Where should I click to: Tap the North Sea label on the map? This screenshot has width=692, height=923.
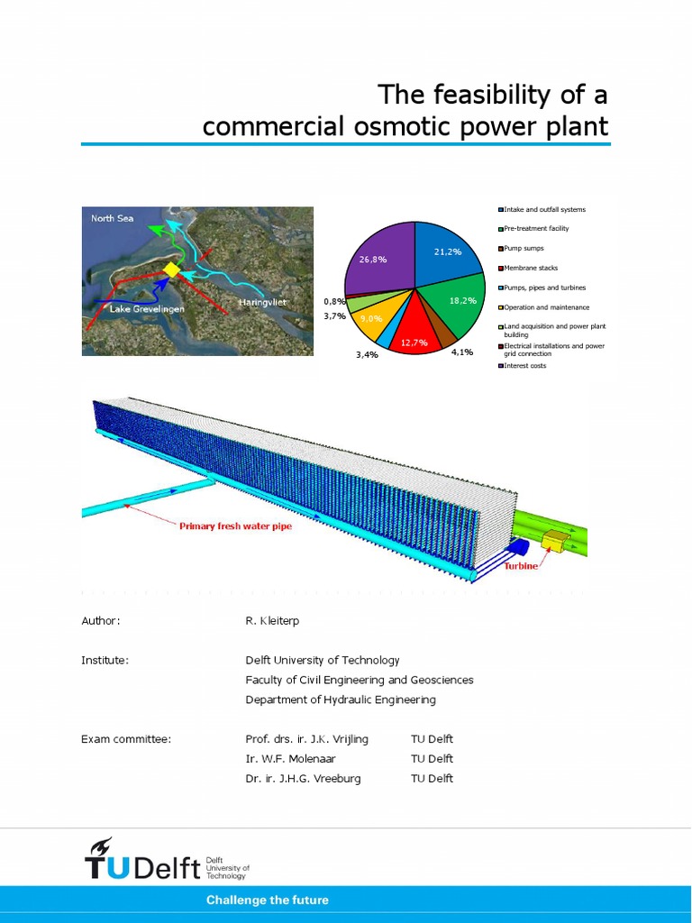(112, 218)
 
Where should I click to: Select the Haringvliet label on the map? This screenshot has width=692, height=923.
(262, 302)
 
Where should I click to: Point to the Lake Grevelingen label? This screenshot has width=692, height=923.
(147, 309)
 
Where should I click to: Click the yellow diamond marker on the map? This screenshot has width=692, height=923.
(171, 270)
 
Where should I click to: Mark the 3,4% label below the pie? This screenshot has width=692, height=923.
(367, 355)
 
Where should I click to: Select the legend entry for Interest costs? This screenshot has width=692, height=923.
(524, 365)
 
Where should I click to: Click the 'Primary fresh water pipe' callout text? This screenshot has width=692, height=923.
(235, 525)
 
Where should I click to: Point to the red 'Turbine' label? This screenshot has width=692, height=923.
(521, 566)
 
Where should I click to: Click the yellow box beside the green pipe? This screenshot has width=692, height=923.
(555, 541)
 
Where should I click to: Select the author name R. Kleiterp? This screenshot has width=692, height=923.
(273, 620)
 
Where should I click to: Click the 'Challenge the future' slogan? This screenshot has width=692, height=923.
(268, 900)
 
